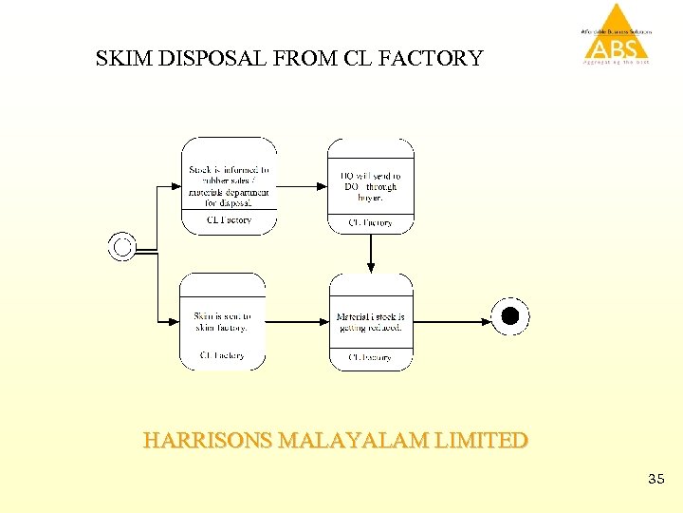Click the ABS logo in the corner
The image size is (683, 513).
click(618, 35)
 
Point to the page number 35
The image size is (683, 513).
click(655, 480)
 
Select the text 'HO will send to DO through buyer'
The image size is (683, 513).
click(371, 186)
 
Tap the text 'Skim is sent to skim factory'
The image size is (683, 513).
click(222, 321)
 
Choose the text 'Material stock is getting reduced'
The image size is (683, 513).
click(371, 321)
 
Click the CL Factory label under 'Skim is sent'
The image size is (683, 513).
click(222, 356)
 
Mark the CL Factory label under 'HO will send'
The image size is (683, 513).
click(371, 223)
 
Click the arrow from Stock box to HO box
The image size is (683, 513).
click(302, 186)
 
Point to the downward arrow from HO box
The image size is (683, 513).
click(371, 253)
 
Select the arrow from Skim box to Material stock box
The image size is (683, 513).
click(297, 321)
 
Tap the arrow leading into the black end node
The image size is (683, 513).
click(452, 321)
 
